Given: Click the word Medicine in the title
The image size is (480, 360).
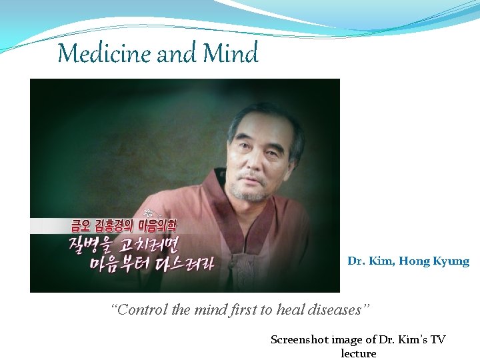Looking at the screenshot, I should coord(105,53).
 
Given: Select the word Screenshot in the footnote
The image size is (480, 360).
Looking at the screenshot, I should coord(301,339).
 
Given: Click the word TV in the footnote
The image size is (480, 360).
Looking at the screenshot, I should coord(437,339).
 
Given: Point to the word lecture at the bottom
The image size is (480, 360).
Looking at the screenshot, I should coord(359,353).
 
